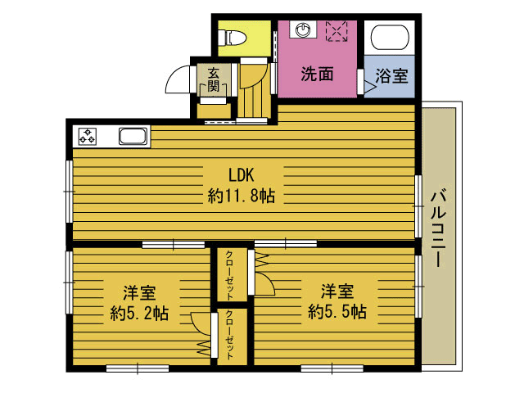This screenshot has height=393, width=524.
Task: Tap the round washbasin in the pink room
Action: pos(302,29)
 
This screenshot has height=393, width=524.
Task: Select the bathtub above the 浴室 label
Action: pos(390,37)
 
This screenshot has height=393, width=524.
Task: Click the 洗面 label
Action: pos(317,74)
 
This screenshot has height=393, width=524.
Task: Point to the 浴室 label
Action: pos(391,76)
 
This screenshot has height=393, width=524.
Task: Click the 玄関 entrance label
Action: pos(213,80)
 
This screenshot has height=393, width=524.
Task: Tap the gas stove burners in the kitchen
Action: pos(88,137)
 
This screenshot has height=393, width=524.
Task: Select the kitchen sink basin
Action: pos(133,137)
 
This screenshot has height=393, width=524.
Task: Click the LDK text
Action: pos(242,175)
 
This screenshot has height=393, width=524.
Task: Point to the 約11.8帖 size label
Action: pos(242,196)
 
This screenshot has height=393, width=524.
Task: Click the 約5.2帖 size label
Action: pos(139,313)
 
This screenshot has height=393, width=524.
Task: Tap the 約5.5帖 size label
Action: pos(337,312)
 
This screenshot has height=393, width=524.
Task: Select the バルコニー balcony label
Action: pos(439,229)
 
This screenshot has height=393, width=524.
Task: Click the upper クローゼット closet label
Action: pos(229,276)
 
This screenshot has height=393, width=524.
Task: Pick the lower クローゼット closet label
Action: pos(229,335)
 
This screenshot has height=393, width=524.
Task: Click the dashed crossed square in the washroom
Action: pos(337,31)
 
